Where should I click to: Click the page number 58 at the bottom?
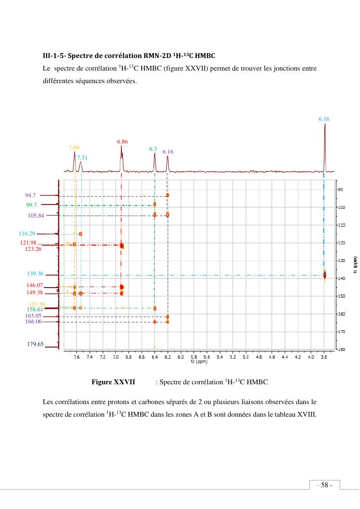(324, 485)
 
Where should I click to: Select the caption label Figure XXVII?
(113, 382)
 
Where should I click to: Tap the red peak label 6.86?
(122, 142)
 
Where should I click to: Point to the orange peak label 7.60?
(74, 147)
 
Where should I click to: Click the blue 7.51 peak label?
(82, 158)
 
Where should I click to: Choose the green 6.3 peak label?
(153, 149)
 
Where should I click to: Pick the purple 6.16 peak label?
(168, 152)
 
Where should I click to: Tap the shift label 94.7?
(30, 195)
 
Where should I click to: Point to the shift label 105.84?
(36, 216)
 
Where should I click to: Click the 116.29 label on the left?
(27, 233)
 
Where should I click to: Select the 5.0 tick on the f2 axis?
(245, 357)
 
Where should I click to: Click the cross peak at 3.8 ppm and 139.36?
(325, 275)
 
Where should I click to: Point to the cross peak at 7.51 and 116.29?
(81, 234)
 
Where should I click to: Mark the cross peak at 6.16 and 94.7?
(168, 195)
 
